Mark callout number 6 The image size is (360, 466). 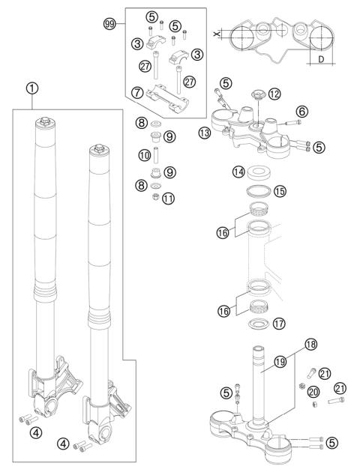[x=303, y=110]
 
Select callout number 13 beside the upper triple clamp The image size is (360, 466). [x=205, y=133]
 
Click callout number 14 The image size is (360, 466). [x=239, y=171]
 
